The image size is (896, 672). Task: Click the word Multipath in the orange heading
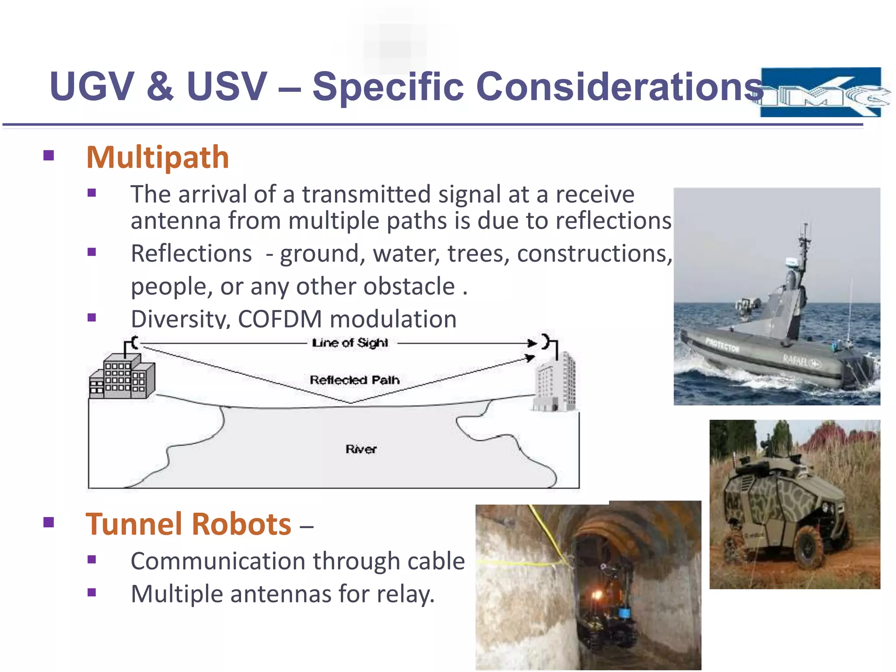coord(157,157)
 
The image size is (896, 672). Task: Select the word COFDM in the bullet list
coord(280,319)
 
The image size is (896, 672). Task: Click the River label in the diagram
coord(360,449)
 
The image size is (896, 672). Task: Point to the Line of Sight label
coord(350,343)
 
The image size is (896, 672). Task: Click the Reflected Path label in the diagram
coord(354,380)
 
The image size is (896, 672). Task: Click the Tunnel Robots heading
coord(189,524)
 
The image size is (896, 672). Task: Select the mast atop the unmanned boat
coord(804,245)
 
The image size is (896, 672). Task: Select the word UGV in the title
coord(92,86)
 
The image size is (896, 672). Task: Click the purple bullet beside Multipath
coord(49,156)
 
